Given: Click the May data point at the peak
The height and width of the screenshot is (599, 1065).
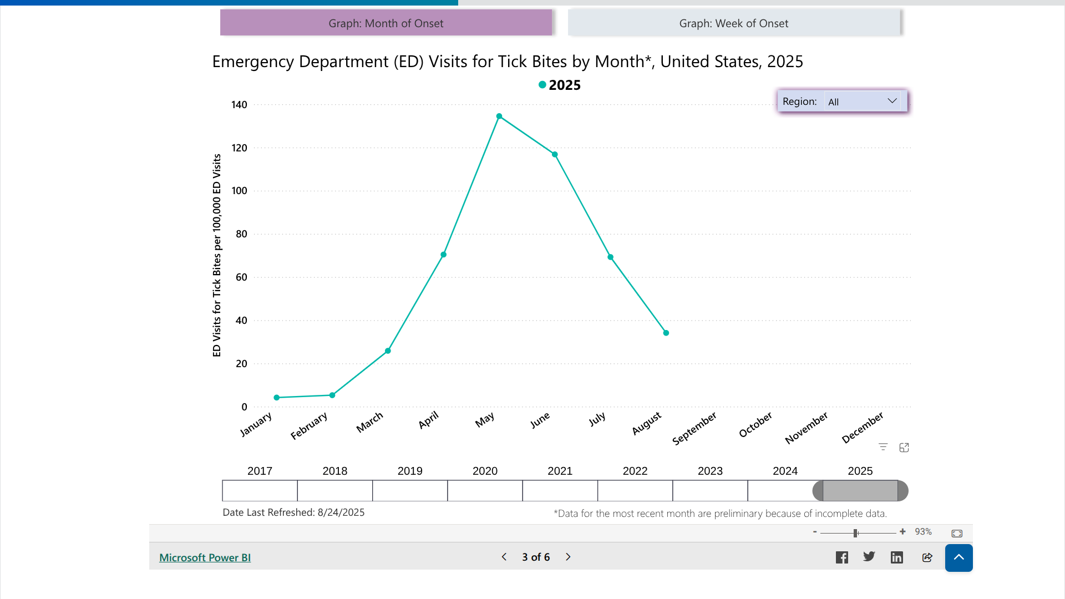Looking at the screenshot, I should [499, 116].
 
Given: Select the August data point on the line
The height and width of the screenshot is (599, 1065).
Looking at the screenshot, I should [666, 333].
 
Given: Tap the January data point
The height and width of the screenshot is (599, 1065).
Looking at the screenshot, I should [277, 398].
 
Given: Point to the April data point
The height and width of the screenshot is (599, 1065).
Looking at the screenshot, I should [444, 255].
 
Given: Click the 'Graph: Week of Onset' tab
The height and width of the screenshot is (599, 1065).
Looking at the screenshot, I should [733, 23].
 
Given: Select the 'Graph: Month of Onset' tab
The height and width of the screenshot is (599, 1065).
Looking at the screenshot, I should [386, 23].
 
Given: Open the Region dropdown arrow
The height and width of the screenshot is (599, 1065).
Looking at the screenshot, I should [892, 101].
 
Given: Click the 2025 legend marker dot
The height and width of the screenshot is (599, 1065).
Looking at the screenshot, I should [542, 85].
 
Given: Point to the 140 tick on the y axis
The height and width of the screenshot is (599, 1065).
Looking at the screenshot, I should [239, 105].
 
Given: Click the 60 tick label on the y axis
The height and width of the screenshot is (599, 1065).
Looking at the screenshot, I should [241, 277].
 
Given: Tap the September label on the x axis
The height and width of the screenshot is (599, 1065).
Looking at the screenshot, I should [694, 428].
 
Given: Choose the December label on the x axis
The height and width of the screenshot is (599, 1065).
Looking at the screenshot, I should [863, 428].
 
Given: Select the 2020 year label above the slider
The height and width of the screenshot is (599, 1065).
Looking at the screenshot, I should [485, 471].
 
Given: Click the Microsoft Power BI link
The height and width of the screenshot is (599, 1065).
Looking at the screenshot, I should [205, 557].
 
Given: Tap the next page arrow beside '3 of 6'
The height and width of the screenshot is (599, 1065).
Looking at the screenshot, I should [568, 557].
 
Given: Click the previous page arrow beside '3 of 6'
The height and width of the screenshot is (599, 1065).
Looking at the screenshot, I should [504, 557].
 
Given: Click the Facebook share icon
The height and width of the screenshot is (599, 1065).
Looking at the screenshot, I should [841, 557].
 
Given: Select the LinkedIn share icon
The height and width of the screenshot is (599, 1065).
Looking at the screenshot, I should [897, 557].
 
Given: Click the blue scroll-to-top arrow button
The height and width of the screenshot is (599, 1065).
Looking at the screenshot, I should [958, 557].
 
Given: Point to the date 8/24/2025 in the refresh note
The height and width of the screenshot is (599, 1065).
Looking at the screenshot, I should [341, 512].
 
